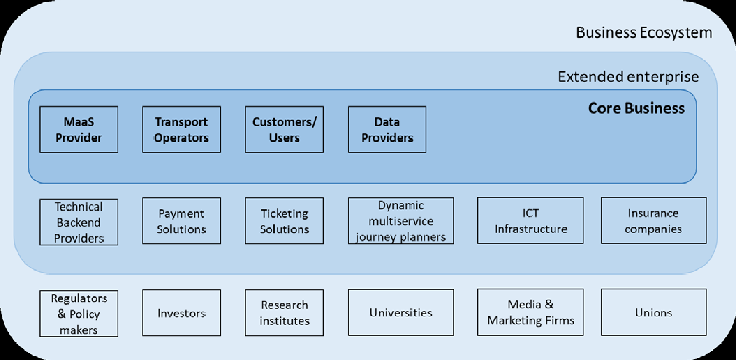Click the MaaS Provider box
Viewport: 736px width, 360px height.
pos(79,130)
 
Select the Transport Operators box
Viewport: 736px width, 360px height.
pos(182,130)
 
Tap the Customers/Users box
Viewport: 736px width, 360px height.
pos(284,130)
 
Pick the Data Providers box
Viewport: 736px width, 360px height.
pos(387,130)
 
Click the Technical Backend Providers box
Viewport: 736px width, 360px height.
pos(79,222)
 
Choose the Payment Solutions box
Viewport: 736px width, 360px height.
pos(182,221)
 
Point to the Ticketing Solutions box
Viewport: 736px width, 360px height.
pos(284,221)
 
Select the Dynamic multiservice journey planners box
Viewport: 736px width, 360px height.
pos(401,221)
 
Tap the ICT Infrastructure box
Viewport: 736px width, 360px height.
pos(530,221)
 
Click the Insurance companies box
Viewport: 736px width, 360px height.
pos(654,221)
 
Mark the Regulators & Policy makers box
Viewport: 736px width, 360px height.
pos(79,314)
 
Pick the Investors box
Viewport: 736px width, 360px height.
pos(182,313)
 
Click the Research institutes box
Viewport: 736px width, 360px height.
pos(284,313)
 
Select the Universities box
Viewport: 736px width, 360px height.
pos(401,313)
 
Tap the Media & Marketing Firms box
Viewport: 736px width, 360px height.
pos(530,313)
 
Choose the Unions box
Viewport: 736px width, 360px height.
pos(654,313)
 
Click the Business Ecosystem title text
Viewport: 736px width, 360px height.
pos(644,33)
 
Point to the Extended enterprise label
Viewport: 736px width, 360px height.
pos(628,77)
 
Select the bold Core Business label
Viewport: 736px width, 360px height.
pos(637,108)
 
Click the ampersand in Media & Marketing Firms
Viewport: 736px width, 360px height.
pos(549,305)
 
